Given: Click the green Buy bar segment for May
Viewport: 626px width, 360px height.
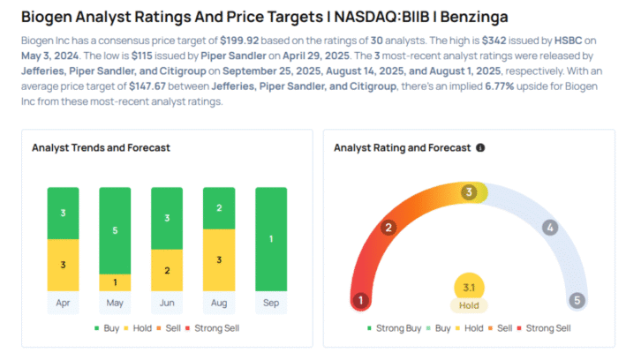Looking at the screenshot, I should [x=114, y=230].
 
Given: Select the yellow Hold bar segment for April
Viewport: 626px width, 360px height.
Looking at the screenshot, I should [x=63, y=265].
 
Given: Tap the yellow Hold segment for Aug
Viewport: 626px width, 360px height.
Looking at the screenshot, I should [x=218, y=259].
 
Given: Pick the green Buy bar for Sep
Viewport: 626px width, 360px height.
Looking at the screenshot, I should [x=270, y=238].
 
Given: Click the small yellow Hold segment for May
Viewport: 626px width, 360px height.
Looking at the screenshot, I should [x=114, y=282].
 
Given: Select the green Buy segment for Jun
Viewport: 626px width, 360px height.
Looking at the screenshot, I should [x=166, y=218].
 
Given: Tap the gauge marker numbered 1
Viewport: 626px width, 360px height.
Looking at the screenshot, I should [x=360, y=301].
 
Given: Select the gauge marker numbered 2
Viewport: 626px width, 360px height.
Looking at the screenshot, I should [x=388, y=228].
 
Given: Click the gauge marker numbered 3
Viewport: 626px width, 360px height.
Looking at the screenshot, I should [x=470, y=191].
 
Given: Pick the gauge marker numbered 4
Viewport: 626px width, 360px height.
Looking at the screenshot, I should [x=549, y=228].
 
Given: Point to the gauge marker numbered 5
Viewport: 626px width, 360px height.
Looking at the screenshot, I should [x=577, y=301].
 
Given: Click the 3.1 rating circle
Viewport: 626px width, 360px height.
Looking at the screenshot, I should [x=469, y=287].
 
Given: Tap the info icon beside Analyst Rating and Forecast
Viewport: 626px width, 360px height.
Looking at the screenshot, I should [x=480, y=148].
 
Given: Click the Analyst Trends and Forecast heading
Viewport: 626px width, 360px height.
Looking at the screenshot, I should [x=101, y=148].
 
